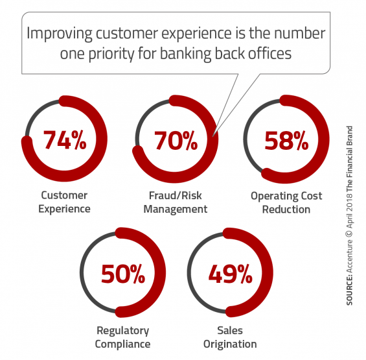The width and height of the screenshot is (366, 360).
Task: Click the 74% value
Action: pos(65,140)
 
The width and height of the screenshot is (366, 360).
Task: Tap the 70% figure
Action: pos(176,140)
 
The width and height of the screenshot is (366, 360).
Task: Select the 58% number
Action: pos(286,140)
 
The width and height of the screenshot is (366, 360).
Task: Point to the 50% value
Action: pos(123,274)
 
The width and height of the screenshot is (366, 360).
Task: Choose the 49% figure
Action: pos(230,274)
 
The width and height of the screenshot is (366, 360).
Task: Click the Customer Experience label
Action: pos(64,202)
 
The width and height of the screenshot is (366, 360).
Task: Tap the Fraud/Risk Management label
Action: pos(176,202)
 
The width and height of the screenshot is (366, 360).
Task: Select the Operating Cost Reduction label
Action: pos(286,202)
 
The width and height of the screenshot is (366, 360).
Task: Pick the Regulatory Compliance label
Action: pos(122,337)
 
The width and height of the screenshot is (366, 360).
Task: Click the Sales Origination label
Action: pos(230,337)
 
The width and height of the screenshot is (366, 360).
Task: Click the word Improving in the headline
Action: pos(60,34)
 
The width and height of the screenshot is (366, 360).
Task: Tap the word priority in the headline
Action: pos(111,54)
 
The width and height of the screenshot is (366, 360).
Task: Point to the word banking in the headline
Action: pos(185,54)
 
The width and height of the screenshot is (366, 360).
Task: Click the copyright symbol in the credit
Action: pos(349,234)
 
